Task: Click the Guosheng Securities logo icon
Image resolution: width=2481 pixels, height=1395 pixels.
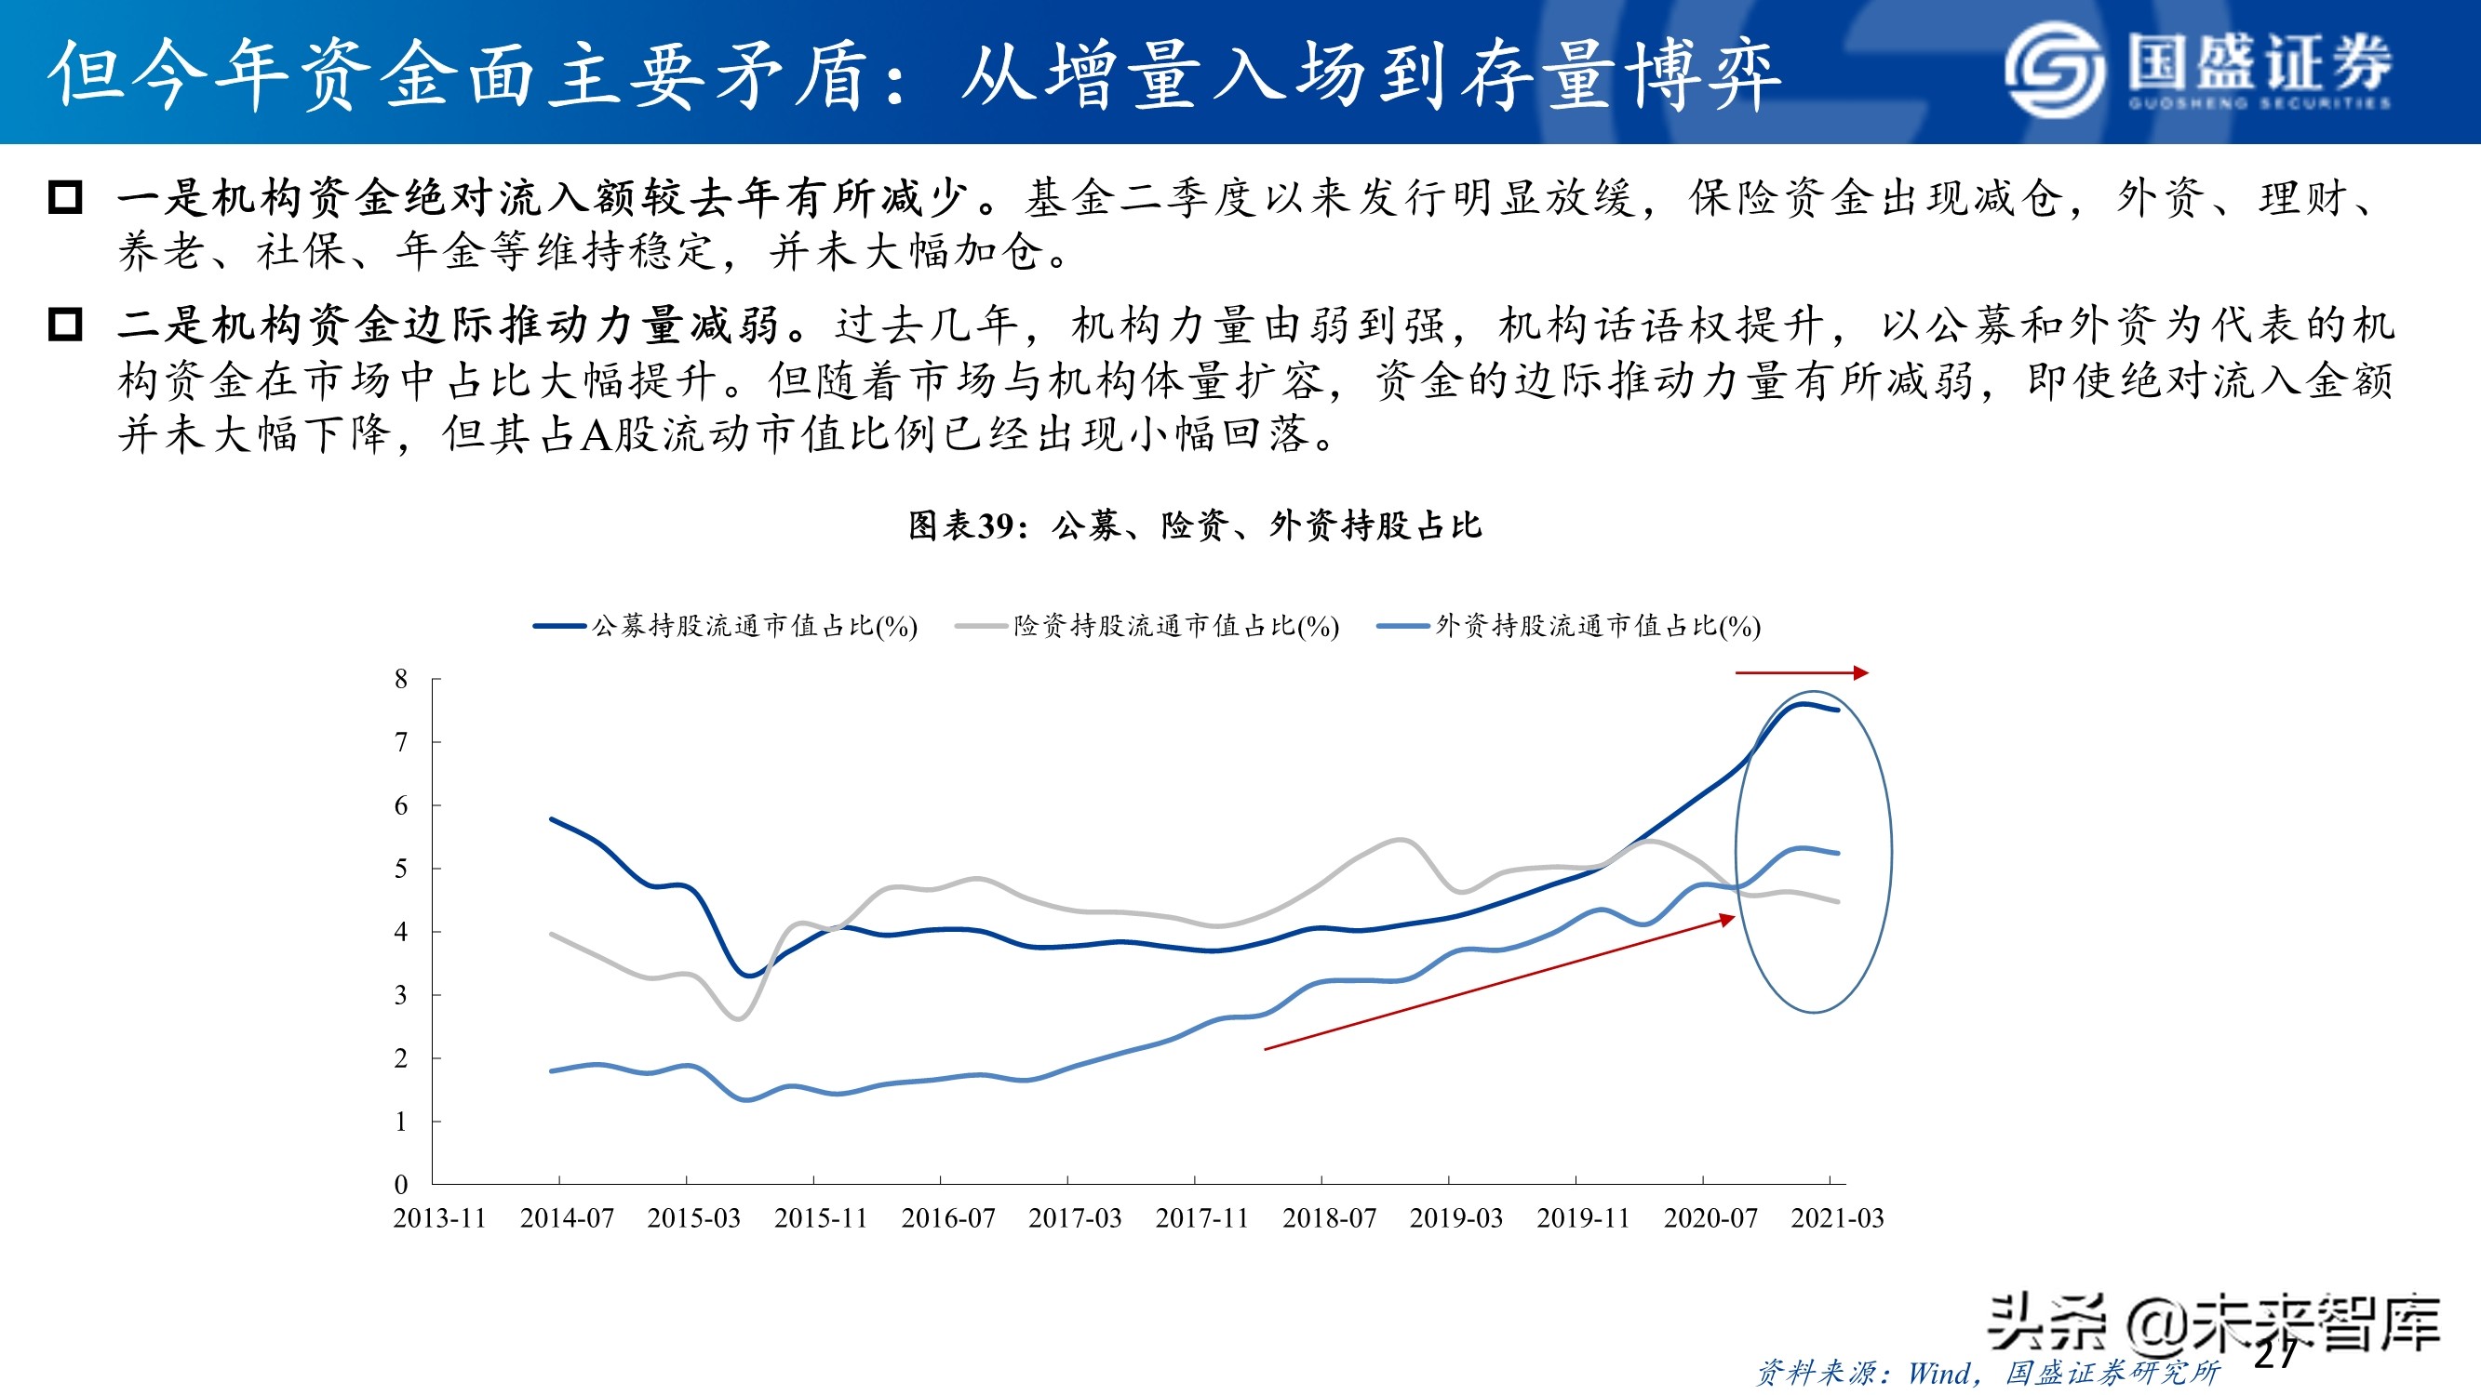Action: [x=2055, y=70]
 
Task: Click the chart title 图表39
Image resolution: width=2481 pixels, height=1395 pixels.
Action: [x=1194, y=525]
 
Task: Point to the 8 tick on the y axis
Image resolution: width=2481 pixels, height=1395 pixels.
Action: [x=401, y=680]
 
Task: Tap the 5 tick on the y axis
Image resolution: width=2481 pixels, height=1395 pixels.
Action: [x=401, y=869]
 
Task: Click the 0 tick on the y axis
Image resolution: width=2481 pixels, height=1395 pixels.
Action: [x=401, y=1184]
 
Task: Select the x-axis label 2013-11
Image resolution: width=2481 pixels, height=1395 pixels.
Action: [x=439, y=1218]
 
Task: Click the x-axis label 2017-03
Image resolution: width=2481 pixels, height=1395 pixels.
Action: [x=1075, y=1218]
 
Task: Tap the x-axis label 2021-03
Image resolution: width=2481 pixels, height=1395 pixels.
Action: [x=1837, y=1218]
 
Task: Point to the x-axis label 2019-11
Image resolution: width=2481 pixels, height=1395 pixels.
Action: [x=1582, y=1218]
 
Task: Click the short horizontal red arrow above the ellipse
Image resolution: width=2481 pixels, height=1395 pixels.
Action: [x=1801, y=673]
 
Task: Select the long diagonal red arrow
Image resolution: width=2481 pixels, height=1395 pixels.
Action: [x=1497, y=983]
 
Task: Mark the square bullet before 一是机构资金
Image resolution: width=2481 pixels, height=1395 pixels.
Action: [x=65, y=197]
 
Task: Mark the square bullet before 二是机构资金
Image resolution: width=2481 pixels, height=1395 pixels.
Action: [x=65, y=325]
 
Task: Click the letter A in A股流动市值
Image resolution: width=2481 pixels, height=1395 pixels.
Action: [x=597, y=435]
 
